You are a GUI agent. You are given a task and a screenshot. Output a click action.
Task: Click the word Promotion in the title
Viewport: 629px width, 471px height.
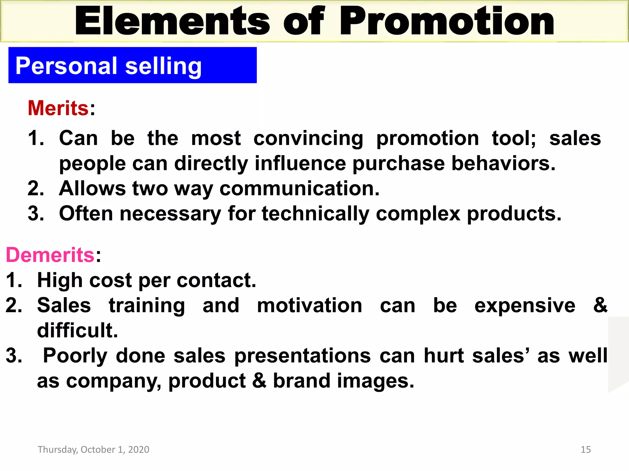(x=447, y=21)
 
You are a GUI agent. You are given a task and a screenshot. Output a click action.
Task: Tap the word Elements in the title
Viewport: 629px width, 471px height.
(x=172, y=21)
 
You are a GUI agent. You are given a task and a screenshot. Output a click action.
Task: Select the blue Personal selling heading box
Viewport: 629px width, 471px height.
(x=132, y=65)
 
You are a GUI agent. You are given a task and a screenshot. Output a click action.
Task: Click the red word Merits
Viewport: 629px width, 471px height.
(x=58, y=108)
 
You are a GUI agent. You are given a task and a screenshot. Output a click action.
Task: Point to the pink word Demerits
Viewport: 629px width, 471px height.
(x=50, y=255)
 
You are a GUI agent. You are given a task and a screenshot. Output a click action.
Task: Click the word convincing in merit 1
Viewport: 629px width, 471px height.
(x=308, y=139)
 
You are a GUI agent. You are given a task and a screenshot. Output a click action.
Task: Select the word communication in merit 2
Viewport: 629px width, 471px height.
(x=299, y=188)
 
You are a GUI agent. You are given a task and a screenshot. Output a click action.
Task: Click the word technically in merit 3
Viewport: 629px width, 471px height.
(x=315, y=214)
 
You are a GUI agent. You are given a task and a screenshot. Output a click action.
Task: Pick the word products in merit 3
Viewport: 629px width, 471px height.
(x=514, y=214)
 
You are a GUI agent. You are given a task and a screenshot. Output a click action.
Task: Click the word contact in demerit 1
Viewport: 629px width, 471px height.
(x=216, y=280)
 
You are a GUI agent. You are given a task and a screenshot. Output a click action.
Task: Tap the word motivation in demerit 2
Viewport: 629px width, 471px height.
(x=310, y=306)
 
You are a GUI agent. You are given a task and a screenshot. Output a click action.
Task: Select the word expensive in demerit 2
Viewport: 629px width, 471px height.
(x=525, y=306)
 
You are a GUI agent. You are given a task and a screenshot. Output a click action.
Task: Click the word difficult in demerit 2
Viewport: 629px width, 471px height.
(x=77, y=331)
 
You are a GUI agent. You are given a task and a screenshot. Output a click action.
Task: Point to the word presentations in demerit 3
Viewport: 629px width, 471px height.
(x=303, y=356)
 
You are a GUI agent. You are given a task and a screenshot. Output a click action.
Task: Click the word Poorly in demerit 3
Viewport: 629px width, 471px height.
(x=75, y=356)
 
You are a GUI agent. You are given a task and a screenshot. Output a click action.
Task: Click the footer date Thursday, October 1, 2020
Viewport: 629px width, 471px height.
(x=93, y=450)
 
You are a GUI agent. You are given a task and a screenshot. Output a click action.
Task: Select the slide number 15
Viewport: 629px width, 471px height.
(x=586, y=450)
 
